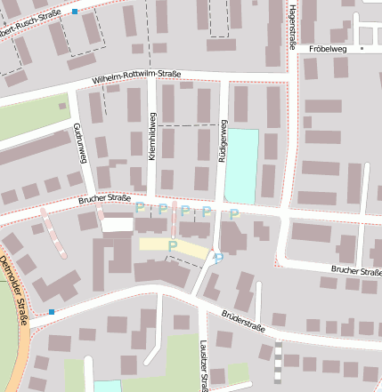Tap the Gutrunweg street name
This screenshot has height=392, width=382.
[x=81, y=143]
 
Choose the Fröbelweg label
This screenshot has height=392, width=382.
[x=327, y=49]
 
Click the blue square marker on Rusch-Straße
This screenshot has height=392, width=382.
[x=75, y=12]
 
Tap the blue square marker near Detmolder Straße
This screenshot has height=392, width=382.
[x=52, y=311]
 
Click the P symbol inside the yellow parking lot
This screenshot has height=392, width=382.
[x=173, y=244]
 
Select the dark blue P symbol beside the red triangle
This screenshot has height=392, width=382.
[x=218, y=258]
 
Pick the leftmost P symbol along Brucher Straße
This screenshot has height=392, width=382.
[x=141, y=208]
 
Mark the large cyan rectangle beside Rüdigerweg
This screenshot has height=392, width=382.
[x=241, y=166]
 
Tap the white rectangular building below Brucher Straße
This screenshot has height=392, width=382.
[x=117, y=224]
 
